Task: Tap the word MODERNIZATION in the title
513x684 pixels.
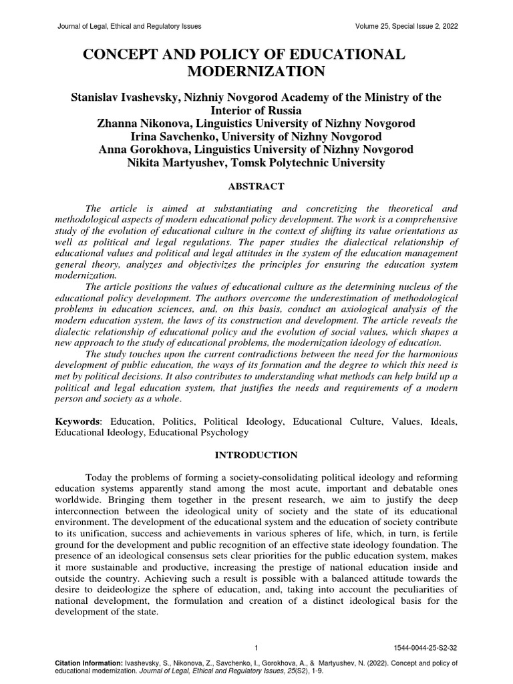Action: click(256, 72)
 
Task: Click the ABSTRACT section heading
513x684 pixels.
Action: click(256, 186)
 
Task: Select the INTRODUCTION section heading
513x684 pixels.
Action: click(256, 455)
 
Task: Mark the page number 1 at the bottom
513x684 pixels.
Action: click(256, 647)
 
